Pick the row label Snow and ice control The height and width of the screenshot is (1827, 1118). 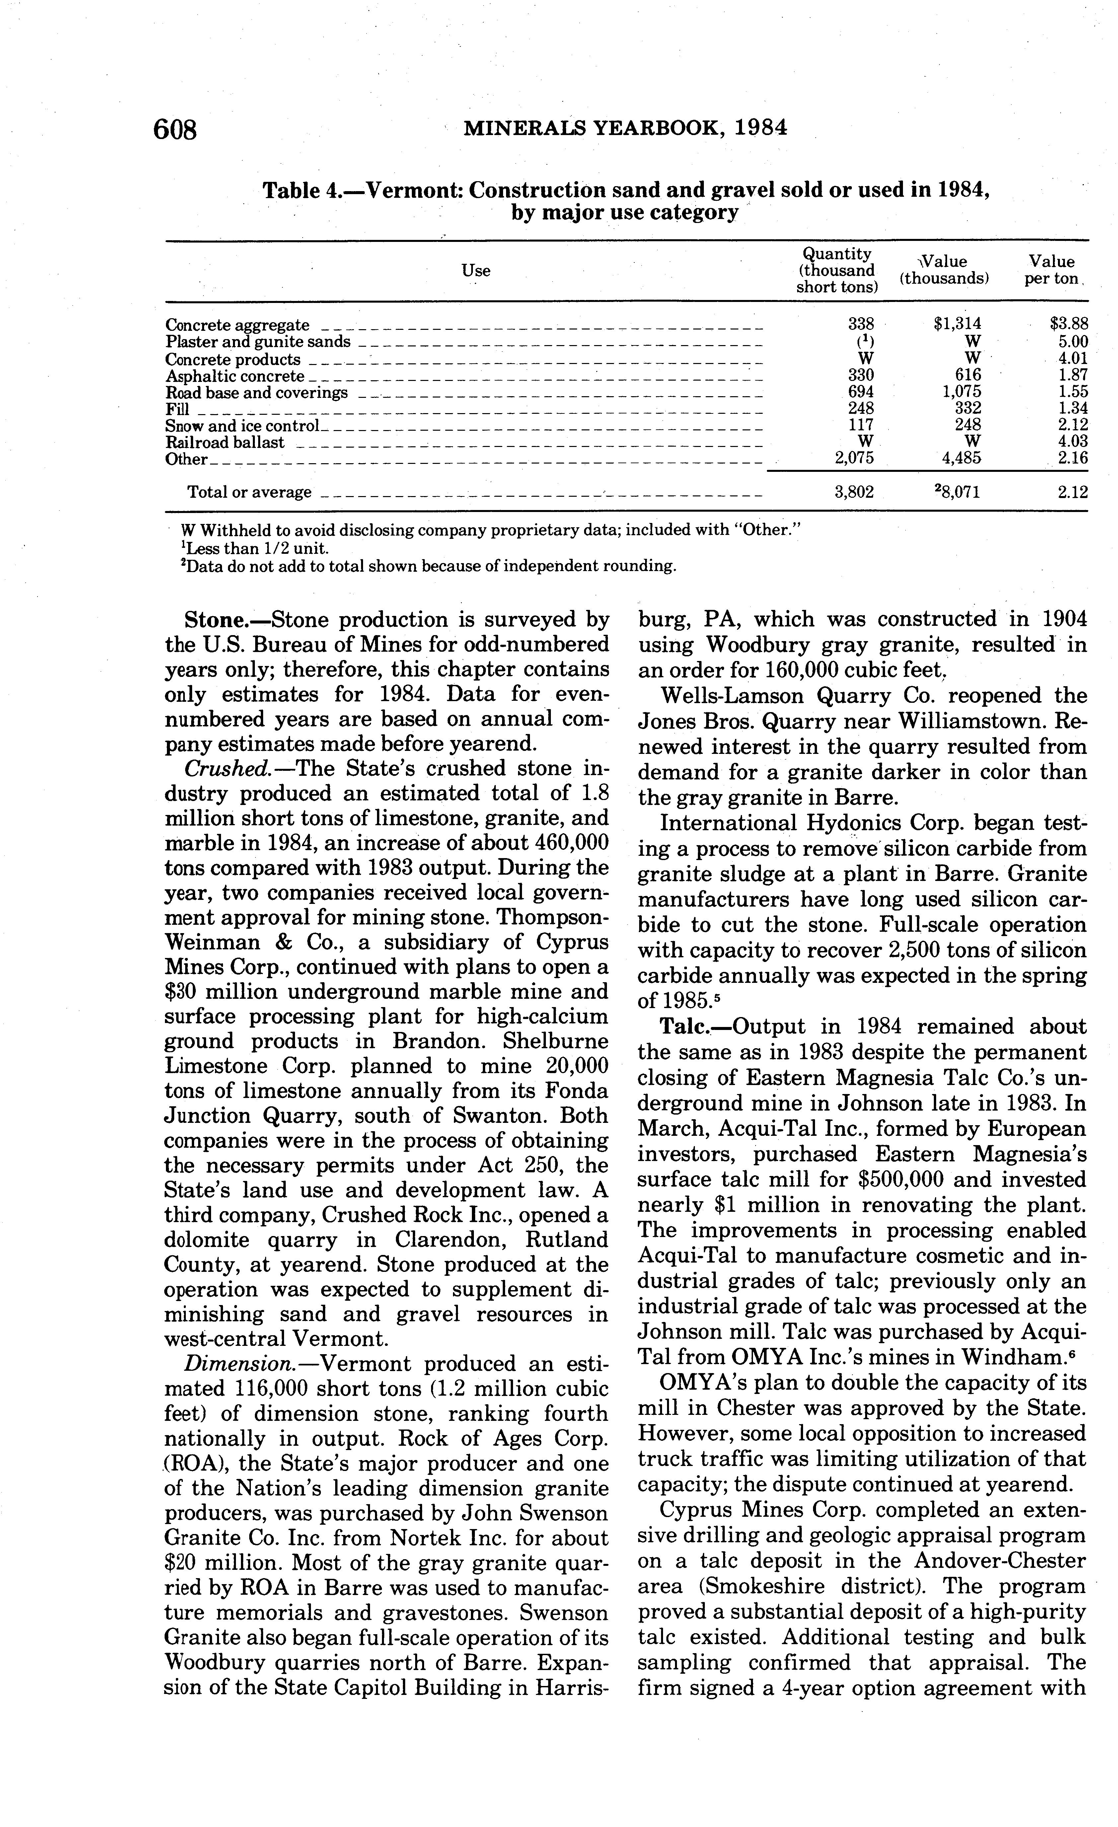[242, 426]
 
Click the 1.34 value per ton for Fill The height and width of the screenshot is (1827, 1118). [1073, 408]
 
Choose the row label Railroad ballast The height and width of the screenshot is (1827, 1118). [225, 443]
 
